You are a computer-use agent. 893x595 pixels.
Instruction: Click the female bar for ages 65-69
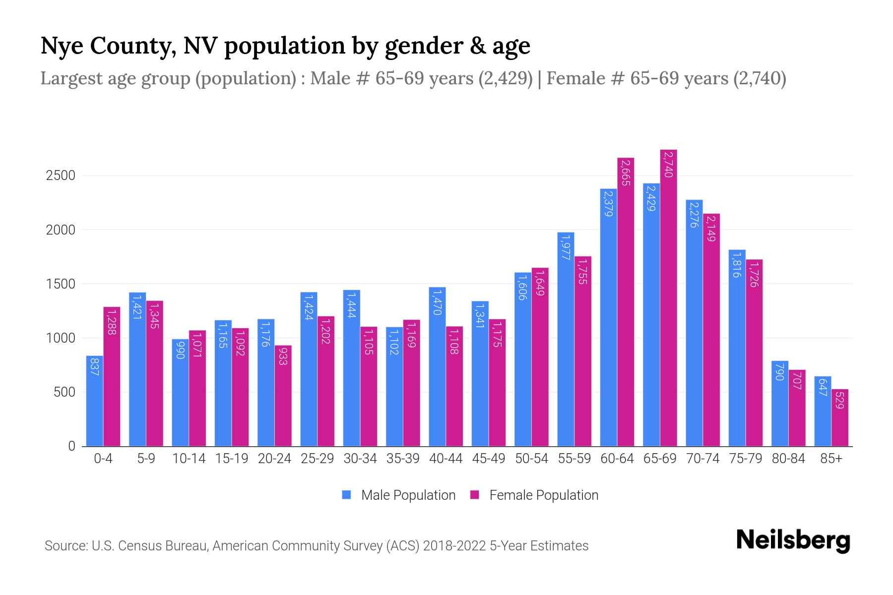point(668,297)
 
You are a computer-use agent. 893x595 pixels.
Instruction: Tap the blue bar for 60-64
point(608,317)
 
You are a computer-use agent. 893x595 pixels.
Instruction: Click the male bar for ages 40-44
point(437,367)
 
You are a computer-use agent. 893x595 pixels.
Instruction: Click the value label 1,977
point(566,247)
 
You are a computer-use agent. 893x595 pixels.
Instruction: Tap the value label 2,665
point(626,173)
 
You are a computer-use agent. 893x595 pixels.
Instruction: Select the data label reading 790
point(780,372)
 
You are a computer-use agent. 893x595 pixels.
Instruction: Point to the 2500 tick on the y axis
point(61,176)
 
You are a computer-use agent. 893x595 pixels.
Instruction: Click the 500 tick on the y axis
point(64,392)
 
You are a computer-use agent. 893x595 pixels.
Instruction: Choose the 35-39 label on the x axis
point(403,459)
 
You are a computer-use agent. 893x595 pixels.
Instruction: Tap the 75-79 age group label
point(745,459)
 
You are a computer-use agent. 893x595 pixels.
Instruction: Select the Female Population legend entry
point(534,495)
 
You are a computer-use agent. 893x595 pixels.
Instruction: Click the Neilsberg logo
point(793,540)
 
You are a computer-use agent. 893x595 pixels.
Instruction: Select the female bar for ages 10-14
point(197,388)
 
